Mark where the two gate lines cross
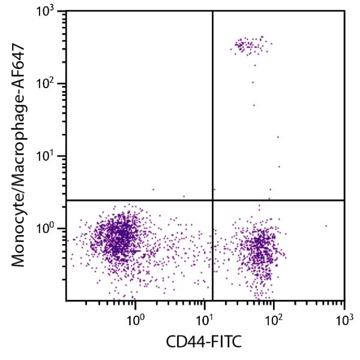[213, 200]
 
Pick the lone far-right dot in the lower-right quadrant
[326, 226]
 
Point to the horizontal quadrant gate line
[138, 200]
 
